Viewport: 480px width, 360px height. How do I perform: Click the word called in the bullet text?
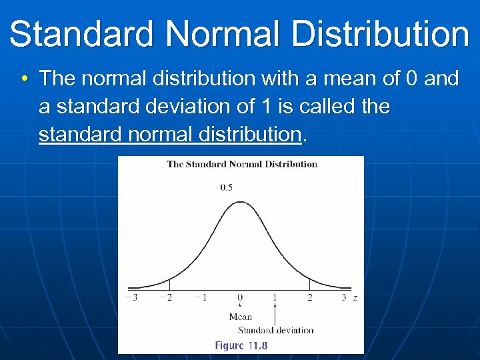click(x=323, y=107)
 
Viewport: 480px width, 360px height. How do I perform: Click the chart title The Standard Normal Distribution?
click(x=241, y=164)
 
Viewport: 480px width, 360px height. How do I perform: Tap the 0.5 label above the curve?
click(x=227, y=187)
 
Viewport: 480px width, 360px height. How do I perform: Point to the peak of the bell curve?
click(x=240, y=201)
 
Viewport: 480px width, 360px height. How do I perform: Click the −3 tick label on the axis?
click(x=131, y=297)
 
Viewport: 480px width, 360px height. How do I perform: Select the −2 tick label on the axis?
click(x=166, y=297)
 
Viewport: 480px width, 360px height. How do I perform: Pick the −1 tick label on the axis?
click(x=201, y=297)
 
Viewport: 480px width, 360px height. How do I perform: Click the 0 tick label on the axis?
click(x=240, y=297)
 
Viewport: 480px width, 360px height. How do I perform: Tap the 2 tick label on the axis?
click(x=309, y=297)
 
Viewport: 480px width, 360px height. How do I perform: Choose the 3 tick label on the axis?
click(x=344, y=297)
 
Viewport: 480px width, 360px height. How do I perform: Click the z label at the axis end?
click(x=355, y=298)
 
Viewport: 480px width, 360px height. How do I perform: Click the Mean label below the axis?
click(x=241, y=317)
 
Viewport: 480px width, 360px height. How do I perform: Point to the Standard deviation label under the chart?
click(x=275, y=330)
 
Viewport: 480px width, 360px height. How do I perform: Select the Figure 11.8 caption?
click(x=241, y=345)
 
